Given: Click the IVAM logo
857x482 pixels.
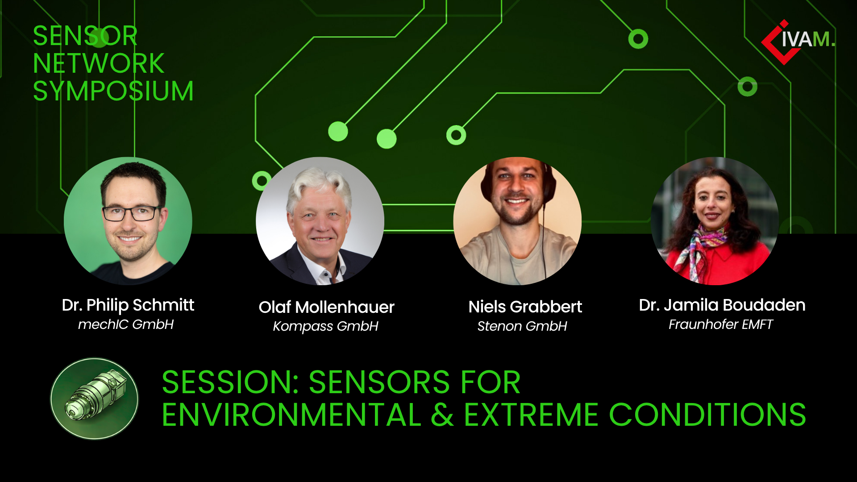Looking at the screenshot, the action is click(798, 42).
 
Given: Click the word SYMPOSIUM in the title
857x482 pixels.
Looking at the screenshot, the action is click(113, 91).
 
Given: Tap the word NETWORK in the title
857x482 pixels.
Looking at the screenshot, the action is click(99, 63).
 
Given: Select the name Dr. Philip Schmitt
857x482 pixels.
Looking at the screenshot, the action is click(128, 305).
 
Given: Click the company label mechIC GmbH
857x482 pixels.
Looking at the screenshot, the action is click(126, 324).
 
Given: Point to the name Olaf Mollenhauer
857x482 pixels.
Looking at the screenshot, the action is click(326, 307).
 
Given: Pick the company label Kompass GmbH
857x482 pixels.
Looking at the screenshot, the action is click(325, 326).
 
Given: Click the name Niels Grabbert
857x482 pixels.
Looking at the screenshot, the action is click(525, 307).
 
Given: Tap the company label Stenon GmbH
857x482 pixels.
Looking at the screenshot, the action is click(522, 326).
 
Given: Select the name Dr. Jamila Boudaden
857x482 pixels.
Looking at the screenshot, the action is click(722, 305).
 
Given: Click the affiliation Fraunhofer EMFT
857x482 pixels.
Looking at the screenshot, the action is click(720, 324).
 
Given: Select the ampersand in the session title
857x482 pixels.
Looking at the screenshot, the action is click(442, 415).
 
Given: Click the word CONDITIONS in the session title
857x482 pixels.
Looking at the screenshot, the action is click(707, 415).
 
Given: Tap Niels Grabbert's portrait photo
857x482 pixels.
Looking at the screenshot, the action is click(517, 221).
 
